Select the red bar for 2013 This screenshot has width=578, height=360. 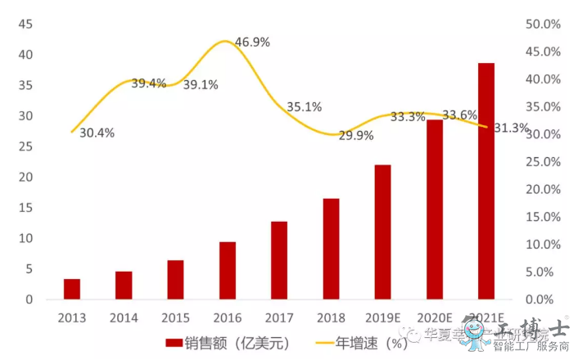tap(72, 289)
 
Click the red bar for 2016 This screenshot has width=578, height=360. tap(228, 271)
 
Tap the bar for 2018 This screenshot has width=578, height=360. tap(331, 249)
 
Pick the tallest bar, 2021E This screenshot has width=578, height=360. tap(486, 181)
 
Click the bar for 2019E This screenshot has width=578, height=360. tap(383, 232)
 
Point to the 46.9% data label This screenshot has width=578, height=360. tap(252, 42)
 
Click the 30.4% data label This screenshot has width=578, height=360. tap(97, 133)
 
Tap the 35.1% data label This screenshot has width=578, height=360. tap(304, 107)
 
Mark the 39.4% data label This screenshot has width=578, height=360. tap(148, 83)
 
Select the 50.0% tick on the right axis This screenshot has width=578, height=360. tap(542, 25)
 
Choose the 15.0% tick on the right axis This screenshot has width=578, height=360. tap(542, 217)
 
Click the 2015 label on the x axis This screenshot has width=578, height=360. tap(176, 317)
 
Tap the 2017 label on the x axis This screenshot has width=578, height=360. tap(279, 317)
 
